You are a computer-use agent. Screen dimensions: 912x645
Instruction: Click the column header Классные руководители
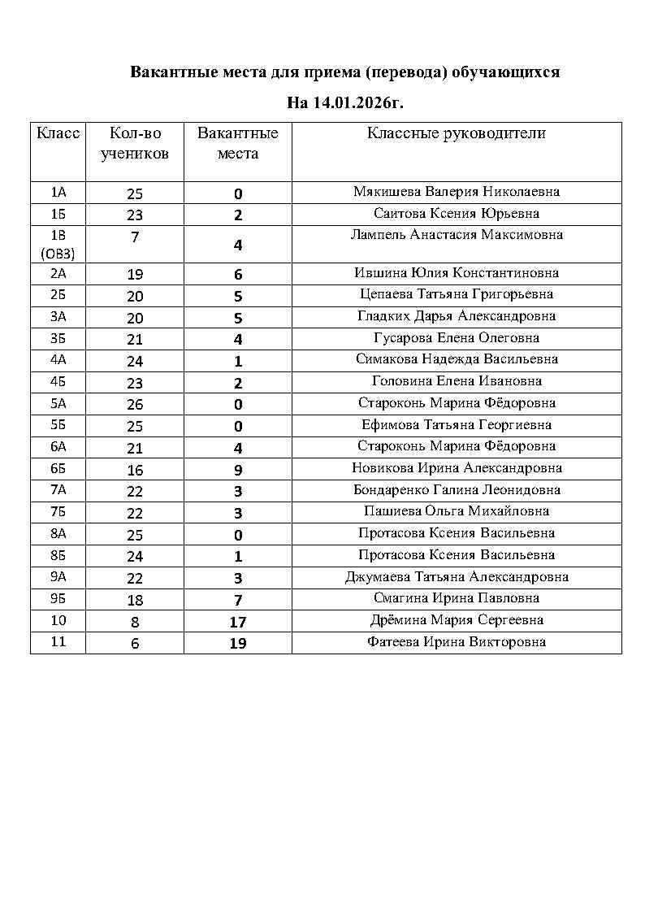pos(457,133)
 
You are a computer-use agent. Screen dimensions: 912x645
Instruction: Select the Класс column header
pos(58,133)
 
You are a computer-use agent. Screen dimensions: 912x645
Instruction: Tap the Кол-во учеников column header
pos(135,143)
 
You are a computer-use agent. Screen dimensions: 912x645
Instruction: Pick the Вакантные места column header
pos(238,143)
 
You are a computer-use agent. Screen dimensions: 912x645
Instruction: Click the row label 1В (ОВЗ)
pos(58,244)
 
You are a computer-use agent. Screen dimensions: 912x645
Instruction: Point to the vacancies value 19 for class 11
pos(238,643)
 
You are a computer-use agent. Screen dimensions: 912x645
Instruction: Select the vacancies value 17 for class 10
pos(238,622)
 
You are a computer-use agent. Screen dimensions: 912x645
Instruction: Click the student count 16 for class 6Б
pos(135,470)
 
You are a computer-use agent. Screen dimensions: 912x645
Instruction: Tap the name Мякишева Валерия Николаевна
pos(457,193)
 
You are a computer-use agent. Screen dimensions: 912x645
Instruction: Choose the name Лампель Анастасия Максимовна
pos(457,235)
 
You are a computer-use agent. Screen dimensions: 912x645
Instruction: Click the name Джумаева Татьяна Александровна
pos(457,577)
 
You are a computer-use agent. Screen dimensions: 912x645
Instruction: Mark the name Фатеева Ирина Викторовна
pos(457,642)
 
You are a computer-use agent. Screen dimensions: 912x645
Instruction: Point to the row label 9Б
pos(58,599)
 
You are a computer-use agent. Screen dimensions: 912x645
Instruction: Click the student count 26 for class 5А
pos(135,404)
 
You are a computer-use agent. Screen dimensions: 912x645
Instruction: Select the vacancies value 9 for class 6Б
pos(238,470)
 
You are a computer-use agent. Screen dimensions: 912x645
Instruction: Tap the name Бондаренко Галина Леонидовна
pos(457,490)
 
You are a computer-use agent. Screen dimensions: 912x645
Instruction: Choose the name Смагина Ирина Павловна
pos(457,598)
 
